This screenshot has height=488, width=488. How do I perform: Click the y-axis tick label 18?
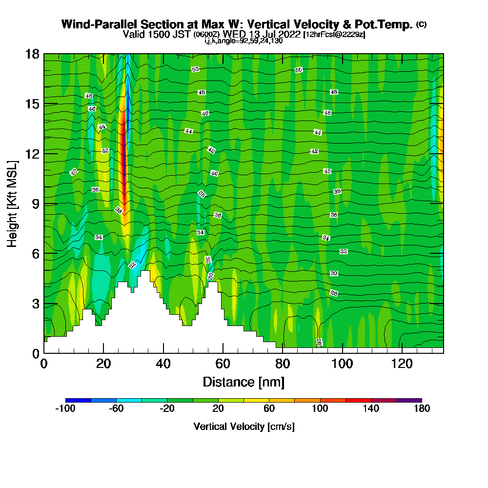click(32, 54)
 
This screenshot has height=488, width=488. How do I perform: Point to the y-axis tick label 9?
click(35, 203)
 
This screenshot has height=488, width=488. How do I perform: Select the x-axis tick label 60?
click(223, 364)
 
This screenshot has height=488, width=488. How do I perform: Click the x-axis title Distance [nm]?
click(244, 381)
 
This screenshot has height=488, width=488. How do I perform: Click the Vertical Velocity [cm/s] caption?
click(244, 427)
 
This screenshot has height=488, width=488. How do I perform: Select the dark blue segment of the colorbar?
click(78, 400)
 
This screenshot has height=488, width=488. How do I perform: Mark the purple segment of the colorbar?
click(409, 400)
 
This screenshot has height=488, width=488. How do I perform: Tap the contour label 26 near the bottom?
click(319, 342)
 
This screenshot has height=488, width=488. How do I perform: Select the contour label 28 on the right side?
click(334, 293)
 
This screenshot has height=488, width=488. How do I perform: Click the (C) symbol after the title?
click(422, 24)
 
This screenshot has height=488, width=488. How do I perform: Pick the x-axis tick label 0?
click(44, 364)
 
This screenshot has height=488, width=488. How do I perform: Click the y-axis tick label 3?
click(35, 304)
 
